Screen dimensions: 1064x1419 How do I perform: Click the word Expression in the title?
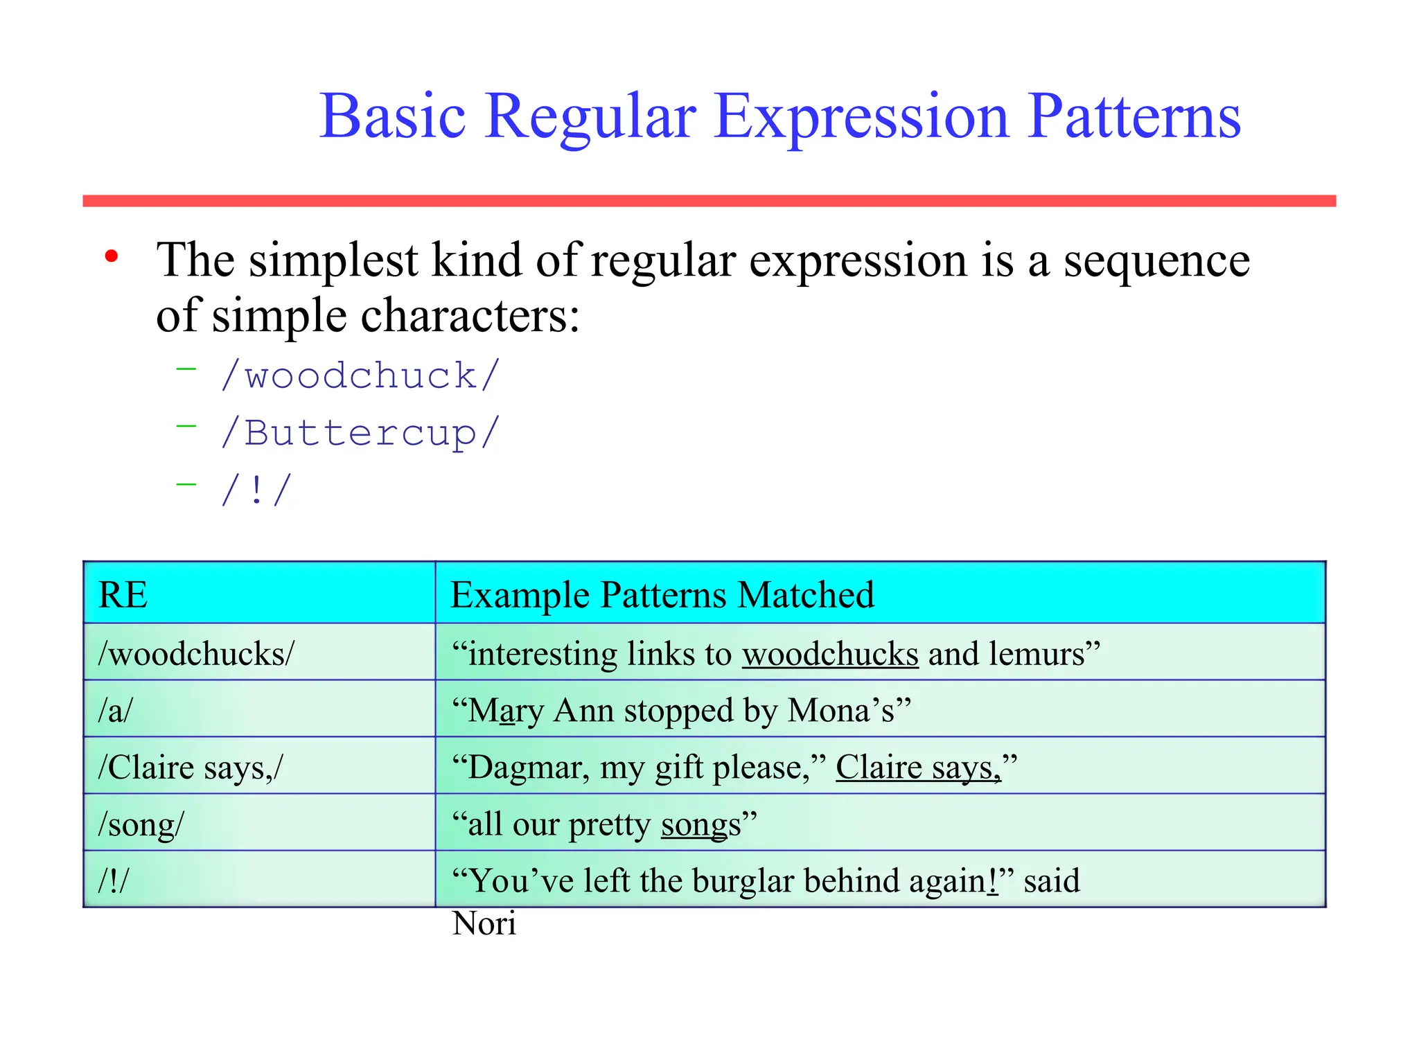(x=861, y=118)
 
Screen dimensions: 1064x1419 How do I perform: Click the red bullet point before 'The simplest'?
(x=112, y=257)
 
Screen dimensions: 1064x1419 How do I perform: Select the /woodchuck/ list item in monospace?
(x=360, y=375)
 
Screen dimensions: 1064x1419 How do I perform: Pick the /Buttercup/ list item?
(x=360, y=434)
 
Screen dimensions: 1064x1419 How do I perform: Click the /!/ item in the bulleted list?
(x=256, y=490)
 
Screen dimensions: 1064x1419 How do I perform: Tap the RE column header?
(x=123, y=594)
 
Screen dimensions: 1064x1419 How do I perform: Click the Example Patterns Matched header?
(x=662, y=594)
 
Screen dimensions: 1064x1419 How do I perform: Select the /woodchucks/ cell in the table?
(x=197, y=653)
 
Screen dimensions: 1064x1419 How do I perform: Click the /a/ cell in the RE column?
(x=115, y=710)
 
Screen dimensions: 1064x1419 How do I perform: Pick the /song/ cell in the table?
(x=141, y=824)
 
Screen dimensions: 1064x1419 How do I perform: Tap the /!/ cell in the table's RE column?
(x=114, y=880)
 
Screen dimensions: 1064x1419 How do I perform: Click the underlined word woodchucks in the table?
(x=830, y=653)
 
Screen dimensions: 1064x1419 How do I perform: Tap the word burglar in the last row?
(x=742, y=880)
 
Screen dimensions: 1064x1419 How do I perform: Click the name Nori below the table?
(x=484, y=923)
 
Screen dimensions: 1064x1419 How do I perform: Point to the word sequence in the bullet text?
(x=1156, y=260)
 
